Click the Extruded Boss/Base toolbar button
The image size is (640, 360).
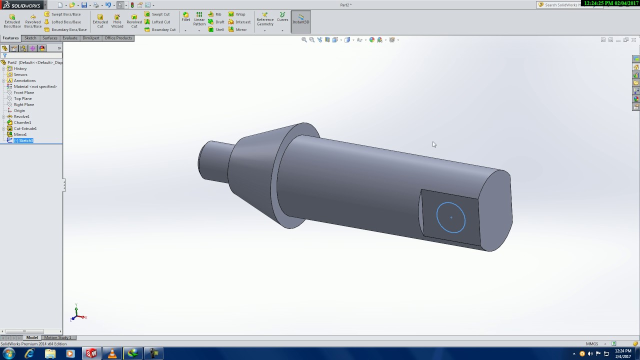12,20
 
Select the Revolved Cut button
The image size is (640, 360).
134,20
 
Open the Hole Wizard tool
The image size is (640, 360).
117,20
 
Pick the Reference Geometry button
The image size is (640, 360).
265,19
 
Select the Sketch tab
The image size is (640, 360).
30,38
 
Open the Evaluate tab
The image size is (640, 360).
70,38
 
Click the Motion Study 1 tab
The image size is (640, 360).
57,337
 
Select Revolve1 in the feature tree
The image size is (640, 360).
21,116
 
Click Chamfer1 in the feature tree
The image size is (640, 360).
22,122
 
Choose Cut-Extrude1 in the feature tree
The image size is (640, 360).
25,128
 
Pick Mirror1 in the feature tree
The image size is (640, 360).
20,134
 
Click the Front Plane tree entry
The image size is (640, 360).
24,92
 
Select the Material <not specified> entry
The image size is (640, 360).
35,86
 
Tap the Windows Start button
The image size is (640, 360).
8,353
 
